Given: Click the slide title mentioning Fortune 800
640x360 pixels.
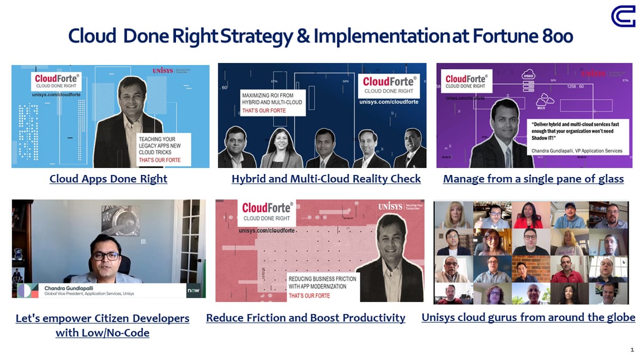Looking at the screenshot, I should click(x=320, y=36).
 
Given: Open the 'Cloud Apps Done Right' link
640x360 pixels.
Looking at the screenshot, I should click(x=108, y=179).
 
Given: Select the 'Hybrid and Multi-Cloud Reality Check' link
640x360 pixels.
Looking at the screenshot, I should click(x=326, y=179).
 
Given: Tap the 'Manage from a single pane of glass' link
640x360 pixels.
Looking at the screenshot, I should click(x=533, y=179).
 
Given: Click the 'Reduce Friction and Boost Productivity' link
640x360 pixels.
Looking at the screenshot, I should click(x=306, y=318).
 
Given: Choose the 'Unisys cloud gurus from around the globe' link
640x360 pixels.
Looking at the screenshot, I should click(x=528, y=317).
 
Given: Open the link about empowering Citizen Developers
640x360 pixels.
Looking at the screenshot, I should click(x=102, y=325).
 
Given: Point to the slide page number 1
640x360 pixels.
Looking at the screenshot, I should click(x=631, y=350).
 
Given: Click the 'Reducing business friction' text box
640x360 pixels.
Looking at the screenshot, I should click(x=322, y=286).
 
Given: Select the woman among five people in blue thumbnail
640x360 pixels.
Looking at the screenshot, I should click(x=278, y=149).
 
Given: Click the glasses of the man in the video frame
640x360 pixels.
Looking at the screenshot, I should click(x=105, y=256).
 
